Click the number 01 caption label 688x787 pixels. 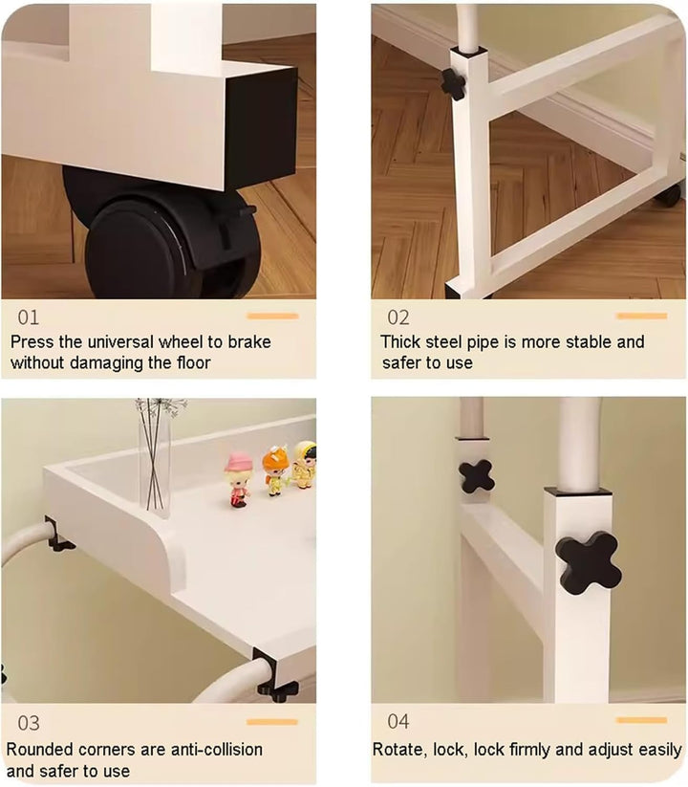[x=28, y=317]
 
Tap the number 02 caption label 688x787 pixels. [x=398, y=317]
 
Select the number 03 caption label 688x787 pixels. [x=28, y=723]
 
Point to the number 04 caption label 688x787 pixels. [x=398, y=721]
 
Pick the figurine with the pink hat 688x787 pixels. [x=238, y=479]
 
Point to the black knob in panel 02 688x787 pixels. [x=453, y=83]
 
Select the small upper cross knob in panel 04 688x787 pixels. [x=476, y=476]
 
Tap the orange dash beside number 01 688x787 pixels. [x=272, y=317]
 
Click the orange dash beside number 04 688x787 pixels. [x=642, y=720]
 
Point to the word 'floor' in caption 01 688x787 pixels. [x=194, y=362]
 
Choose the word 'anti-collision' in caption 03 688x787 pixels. [x=217, y=750]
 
